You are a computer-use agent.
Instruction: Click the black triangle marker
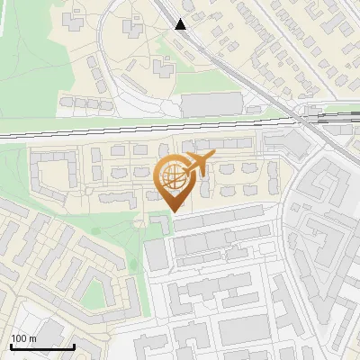click(181, 24)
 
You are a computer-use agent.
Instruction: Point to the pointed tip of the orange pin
click(174, 211)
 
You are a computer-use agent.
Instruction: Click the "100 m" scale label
click(23, 337)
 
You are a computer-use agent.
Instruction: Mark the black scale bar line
click(41, 346)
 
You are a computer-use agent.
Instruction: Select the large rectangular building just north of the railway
click(211, 104)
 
